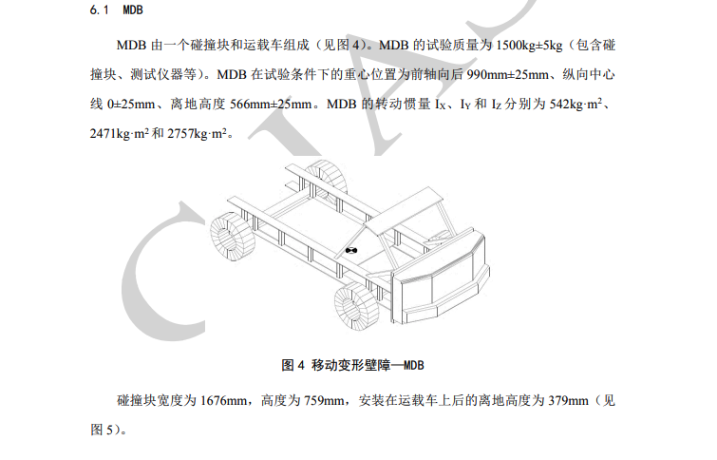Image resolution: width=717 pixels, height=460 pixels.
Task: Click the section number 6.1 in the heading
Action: point(99,10)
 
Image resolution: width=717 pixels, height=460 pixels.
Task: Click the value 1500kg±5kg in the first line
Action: point(529,46)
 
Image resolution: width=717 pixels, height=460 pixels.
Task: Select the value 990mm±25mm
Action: point(507,74)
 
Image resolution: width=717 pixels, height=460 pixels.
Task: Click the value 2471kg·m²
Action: point(120,134)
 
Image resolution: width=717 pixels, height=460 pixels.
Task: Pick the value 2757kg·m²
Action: point(197,134)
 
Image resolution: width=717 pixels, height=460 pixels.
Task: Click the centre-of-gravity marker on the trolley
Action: point(350,250)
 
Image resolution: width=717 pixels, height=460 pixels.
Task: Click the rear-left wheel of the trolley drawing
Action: point(233,237)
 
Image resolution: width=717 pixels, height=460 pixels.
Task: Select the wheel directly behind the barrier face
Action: point(357,306)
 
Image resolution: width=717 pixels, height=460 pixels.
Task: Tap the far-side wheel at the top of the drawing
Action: point(326,178)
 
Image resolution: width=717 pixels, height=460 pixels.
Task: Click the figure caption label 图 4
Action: point(292,365)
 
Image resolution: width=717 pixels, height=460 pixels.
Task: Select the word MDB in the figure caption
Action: point(414,365)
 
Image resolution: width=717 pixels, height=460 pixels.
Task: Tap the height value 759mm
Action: point(324,401)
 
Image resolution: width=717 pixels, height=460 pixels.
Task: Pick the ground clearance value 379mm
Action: point(568,401)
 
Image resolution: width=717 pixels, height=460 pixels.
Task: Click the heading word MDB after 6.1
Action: point(133,10)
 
